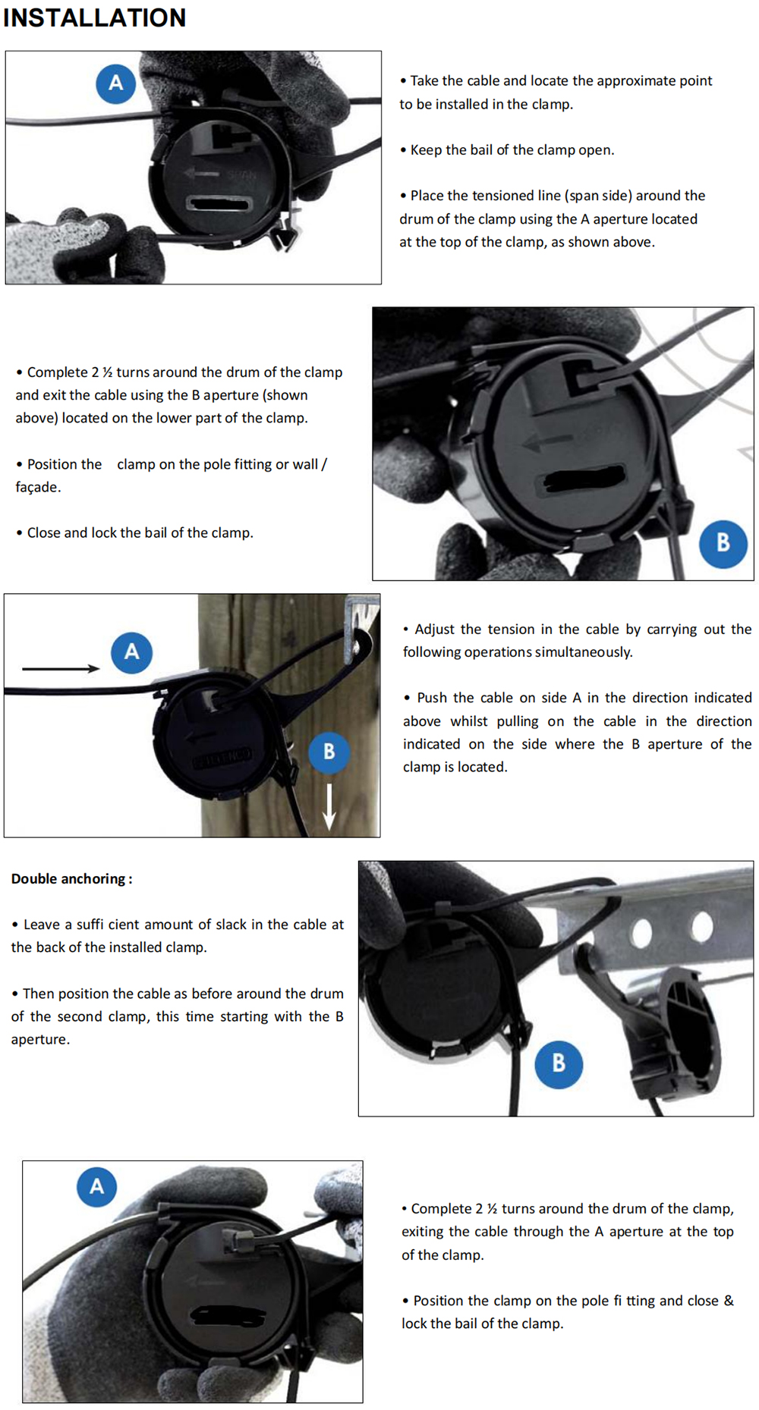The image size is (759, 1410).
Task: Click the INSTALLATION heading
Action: pos(94,17)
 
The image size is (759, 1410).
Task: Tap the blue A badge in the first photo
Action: pos(115,83)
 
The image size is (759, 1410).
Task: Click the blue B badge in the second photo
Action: pos(723,543)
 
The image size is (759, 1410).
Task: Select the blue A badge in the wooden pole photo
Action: pos(131,652)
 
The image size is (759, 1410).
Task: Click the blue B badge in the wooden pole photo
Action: pos(329,752)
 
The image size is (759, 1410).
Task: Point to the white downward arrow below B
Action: pos(329,805)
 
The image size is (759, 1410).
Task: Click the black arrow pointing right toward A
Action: pos(61,668)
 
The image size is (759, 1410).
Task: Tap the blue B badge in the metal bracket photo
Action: pos(558,1063)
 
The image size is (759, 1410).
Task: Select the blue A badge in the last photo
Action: pos(96,1186)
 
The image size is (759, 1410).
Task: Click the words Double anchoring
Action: pos(68,878)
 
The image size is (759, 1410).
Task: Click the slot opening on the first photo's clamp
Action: pos(219,203)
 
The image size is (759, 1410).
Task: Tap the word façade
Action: pos(36,487)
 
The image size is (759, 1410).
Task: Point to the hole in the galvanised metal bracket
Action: pos(641,931)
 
